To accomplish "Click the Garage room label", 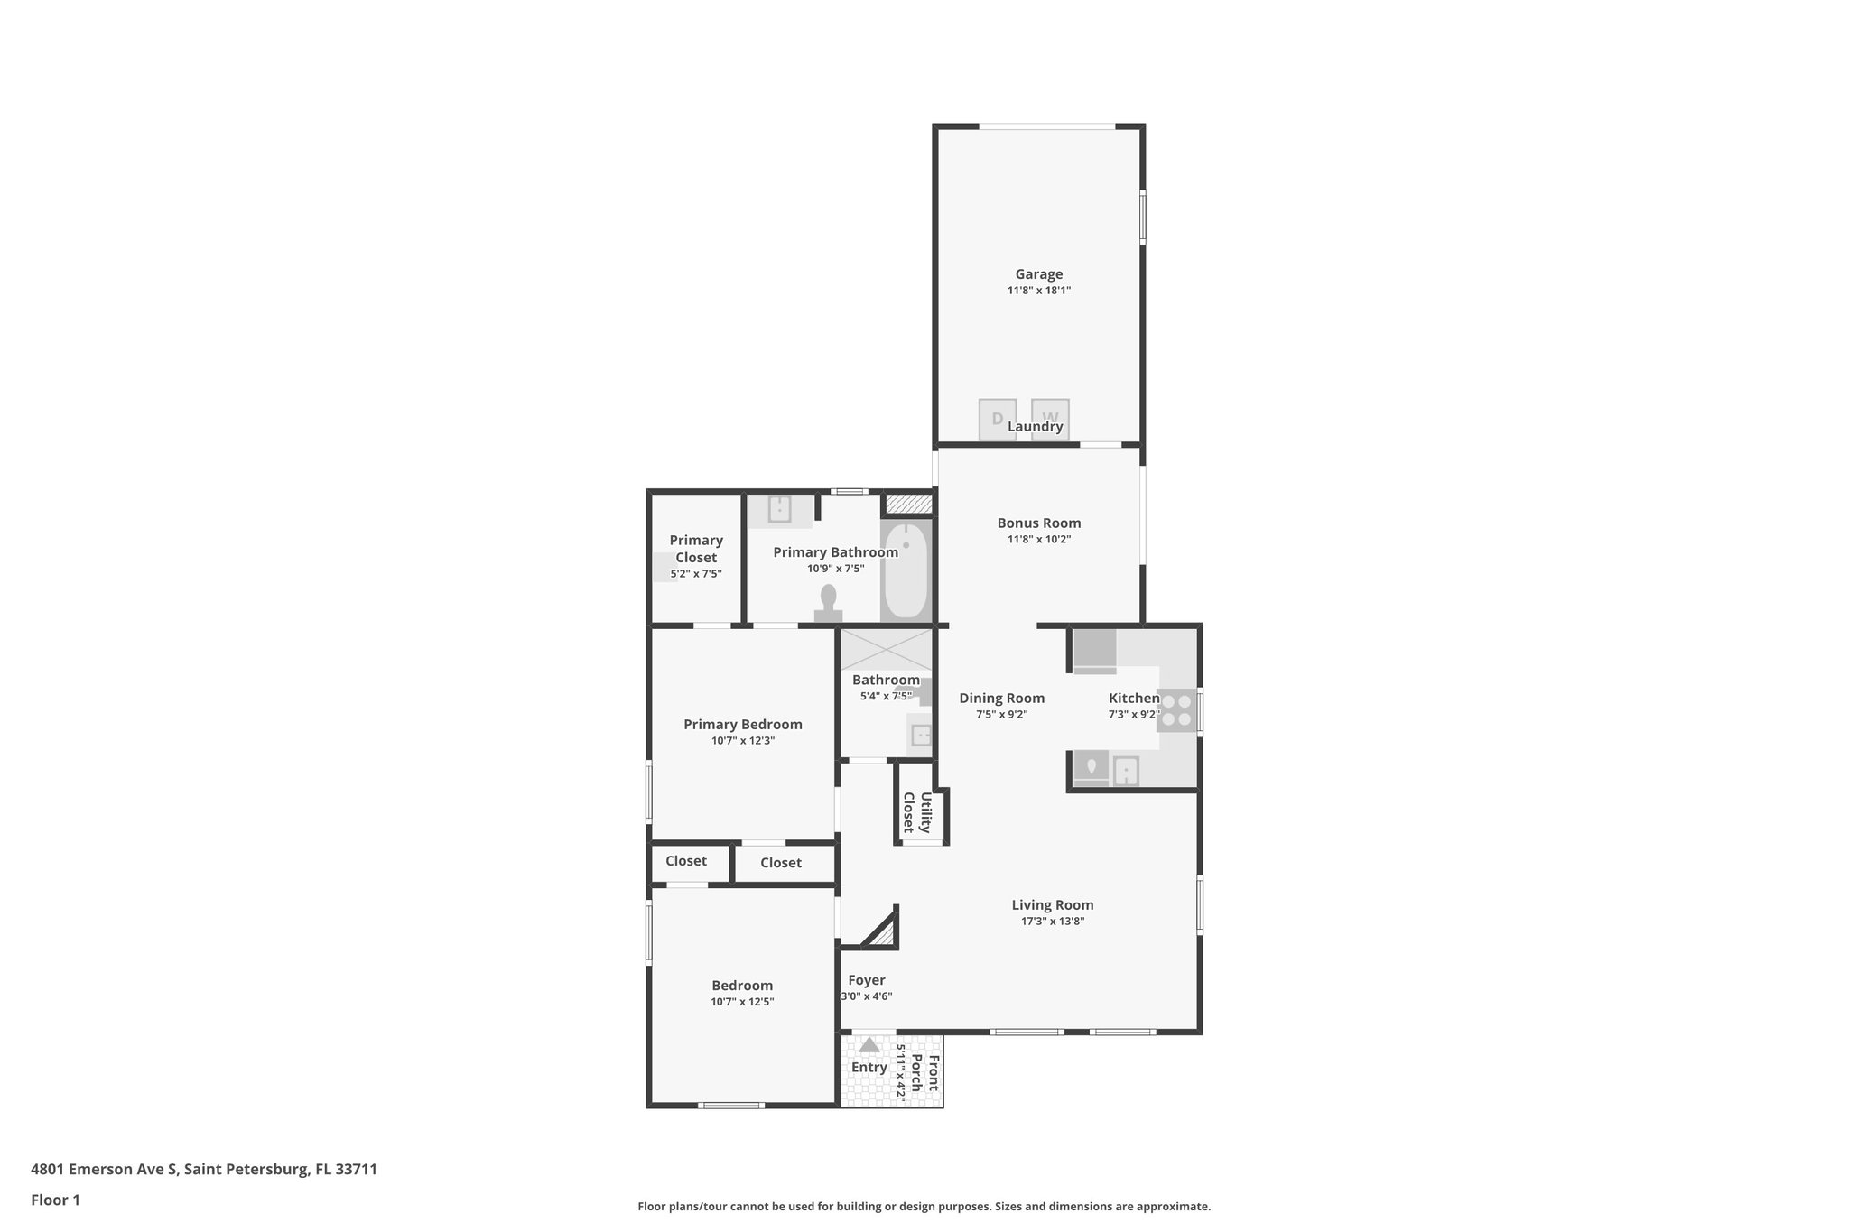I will click(1038, 274).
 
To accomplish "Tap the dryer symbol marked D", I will click(997, 420).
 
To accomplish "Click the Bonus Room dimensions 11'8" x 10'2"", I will click(1038, 540).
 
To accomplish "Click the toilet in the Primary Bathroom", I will click(828, 602).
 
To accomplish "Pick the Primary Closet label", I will click(696, 549).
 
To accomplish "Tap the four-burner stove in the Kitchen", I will click(1176, 709).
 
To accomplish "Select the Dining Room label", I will click(1001, 699).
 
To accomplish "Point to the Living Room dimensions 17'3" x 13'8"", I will click(1052, 922).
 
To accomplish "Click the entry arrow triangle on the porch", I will click(869, 1045).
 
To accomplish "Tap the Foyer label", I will click(866, 980).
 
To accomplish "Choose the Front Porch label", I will click(924, 1073).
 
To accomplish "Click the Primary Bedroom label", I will click(742, 725).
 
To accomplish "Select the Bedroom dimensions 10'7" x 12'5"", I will click(742, 1002).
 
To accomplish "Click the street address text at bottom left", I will click(204, 1170).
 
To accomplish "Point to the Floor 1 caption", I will click(55, 1200).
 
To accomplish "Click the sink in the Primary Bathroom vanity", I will click(779, 509).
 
